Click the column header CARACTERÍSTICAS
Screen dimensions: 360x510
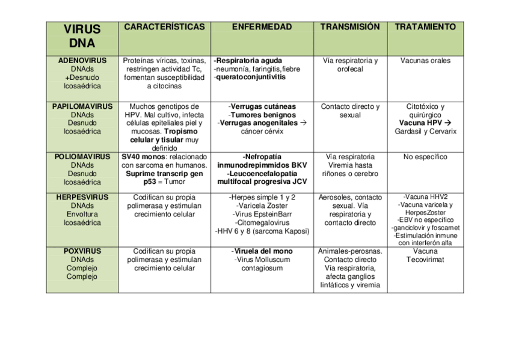click(164, 27)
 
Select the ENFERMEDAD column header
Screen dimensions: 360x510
click(262, 27)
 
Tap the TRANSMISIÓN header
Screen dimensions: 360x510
click(350, 27)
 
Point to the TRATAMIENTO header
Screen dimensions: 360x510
click(425, 27)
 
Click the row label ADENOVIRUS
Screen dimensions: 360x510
click(82, 61)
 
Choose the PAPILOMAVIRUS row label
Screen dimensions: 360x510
click(82, 106)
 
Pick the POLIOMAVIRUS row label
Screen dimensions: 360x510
click(82, 157)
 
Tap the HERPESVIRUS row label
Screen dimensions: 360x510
click(82, 197)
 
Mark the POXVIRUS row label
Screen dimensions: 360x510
click(82, 251)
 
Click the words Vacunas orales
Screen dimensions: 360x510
click(425, 61)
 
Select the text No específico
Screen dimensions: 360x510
click(425, 157)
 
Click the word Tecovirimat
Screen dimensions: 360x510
click(425, 260)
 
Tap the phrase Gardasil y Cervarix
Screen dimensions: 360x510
click(425, 132)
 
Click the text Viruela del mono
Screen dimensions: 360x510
click(263, 251)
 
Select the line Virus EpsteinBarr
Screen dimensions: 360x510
click(263, 214)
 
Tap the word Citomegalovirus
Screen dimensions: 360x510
click(263, 222)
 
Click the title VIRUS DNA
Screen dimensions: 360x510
click(82, 36)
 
